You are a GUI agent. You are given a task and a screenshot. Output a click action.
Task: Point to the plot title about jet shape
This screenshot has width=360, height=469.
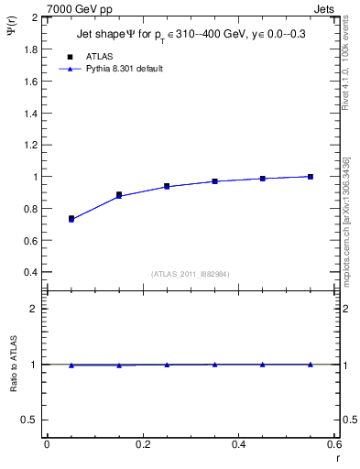click(x=191, y=35)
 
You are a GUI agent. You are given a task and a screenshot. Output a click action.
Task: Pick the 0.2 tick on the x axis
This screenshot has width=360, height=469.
click(x=142, y=446)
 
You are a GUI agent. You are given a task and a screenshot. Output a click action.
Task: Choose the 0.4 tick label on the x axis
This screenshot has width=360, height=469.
click(x=238, y=446)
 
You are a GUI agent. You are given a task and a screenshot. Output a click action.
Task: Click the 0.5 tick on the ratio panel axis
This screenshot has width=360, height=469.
click(x=32, y=420)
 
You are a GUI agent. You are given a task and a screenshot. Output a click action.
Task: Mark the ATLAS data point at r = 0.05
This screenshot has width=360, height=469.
click(x=71, y=219)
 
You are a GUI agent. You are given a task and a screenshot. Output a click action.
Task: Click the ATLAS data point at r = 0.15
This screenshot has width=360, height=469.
click(x=119, y=194)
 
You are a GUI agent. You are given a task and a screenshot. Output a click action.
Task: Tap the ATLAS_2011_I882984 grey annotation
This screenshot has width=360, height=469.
click(x=191, y=274)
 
